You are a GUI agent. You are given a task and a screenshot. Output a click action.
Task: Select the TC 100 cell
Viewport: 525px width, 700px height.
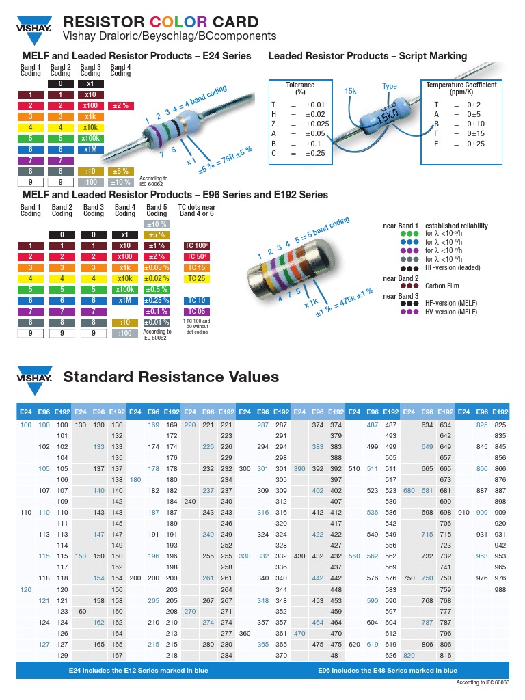(197, 245)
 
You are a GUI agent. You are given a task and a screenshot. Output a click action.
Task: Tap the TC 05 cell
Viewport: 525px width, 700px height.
(197, 311)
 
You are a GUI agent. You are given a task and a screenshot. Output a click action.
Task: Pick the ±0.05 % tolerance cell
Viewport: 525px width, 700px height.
(157, 267)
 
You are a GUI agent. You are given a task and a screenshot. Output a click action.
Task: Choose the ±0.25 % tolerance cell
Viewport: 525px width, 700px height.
(157, 300)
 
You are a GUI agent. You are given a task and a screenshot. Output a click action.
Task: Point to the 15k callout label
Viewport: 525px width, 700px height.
(351, 91)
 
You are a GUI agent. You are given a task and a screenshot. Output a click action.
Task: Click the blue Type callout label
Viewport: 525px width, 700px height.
(390, 87)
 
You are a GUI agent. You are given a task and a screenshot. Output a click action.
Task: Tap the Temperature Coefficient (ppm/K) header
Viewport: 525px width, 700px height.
(461, 88)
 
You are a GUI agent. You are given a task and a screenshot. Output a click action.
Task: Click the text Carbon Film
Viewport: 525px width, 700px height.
(442, 286)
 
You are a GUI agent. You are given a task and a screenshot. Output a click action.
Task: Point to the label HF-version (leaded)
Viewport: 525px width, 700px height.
(453, 268)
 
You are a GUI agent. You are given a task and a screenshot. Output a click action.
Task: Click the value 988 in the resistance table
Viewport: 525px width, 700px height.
(500, 589)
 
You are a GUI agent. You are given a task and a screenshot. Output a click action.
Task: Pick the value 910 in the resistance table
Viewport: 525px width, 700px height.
(463, 512)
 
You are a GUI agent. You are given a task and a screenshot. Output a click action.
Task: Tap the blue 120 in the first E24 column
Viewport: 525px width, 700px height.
(26, 589)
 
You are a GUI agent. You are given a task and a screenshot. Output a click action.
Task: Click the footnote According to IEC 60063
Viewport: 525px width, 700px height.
(483, 683)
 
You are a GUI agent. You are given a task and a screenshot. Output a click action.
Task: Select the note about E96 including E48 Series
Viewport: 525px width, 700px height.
(388, 671)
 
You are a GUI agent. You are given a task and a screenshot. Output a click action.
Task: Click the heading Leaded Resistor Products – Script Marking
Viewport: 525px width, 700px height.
(367, 56)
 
